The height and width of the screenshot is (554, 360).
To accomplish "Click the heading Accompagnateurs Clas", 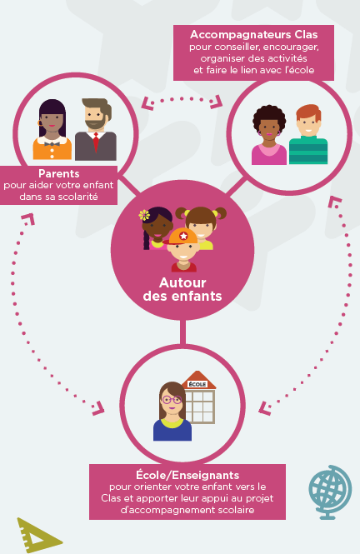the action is click(253, 35).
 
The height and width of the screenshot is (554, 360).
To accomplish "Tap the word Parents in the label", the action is click(59, 173).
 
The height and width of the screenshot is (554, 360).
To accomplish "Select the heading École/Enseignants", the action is click(187, 475).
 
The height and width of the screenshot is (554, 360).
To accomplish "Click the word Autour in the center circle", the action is click(182, 282).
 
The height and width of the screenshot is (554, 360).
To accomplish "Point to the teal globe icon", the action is click(330, 492).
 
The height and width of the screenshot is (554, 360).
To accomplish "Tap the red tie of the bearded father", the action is click(96, 142).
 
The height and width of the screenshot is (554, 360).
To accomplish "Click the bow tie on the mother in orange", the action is click(52, 144).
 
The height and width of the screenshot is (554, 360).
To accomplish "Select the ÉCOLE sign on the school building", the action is click(197, 384).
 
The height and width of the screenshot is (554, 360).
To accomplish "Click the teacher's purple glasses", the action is click(172, 400).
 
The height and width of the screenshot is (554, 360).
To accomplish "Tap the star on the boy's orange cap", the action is click(183, 236).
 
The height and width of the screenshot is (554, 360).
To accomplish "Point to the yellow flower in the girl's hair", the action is click(144, 215).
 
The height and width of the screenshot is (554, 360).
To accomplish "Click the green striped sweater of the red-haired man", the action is click(308, 152).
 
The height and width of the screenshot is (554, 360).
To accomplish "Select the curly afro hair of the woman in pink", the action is click(269, 115).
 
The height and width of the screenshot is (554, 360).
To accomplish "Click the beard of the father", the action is click(95, 123).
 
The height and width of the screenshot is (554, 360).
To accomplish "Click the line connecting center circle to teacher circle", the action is click(182, 332).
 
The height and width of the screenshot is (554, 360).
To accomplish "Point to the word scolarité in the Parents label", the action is click(77, 197).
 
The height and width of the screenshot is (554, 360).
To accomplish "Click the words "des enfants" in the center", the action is click(182, 296).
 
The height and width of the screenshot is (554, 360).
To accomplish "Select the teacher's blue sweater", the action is click(172, 431).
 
